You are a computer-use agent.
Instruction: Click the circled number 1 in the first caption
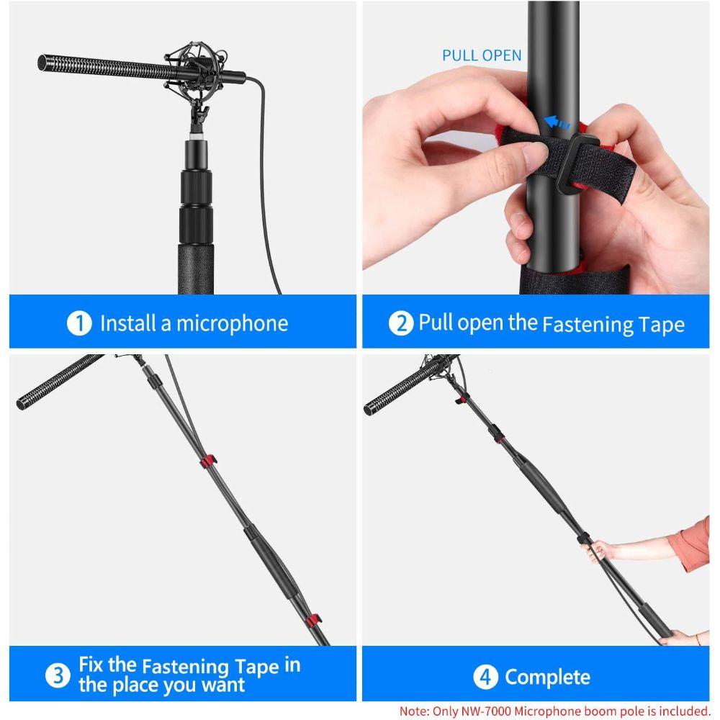click(x=79, y=323)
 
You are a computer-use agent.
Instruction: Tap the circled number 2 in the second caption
click(x=401, y=323)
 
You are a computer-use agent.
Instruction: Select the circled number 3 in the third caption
click(x=58, y=675)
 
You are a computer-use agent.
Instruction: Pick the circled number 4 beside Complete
click(x=486, y=677)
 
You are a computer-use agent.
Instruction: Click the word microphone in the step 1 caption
click(x=233, y=324)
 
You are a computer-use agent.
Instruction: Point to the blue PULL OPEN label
click(x=482, y=55)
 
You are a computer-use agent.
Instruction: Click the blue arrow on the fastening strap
click(x=557, y=122)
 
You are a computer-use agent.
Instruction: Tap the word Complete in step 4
click(x=548, y=678)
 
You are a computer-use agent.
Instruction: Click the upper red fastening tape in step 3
click(x=208, y=462)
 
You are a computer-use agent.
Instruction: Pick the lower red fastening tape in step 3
click(x=314, y=620)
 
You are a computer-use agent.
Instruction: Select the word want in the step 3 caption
click(x=223, y=685)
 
